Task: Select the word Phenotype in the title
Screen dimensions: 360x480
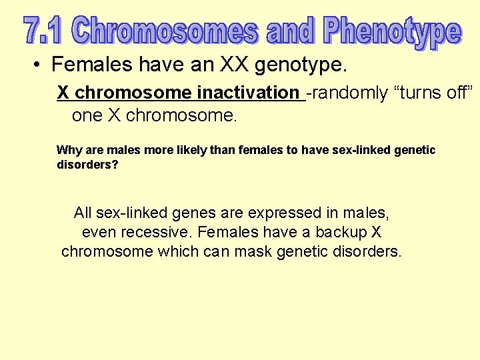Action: click(x=393, y=32)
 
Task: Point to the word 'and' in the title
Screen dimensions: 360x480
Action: click(x=291, y=31)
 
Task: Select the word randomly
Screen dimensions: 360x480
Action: click(x=347, y=93)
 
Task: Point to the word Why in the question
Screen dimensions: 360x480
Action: click(x=69, y=150)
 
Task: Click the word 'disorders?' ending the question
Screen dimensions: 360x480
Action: click(x=87, y=164)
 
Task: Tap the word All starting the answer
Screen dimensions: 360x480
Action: click(x=83, y=213)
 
